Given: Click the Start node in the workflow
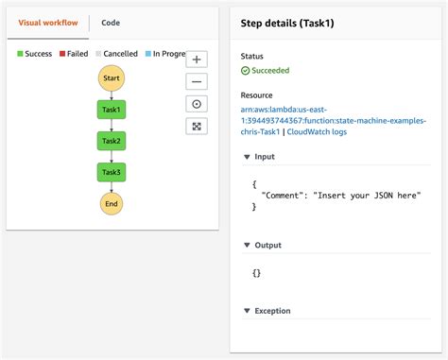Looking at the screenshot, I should coord(112,77).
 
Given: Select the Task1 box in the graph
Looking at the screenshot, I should coord(112,110).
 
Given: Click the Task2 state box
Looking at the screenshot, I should coord(112,141).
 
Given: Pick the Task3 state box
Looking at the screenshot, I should coord(112,172).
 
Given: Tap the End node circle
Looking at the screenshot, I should coord(112,203).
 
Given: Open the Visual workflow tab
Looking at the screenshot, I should coord(47,23).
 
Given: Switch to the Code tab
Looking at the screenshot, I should coord(111,23).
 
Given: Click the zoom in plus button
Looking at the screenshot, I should coord(197,60).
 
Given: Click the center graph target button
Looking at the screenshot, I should coord(197,104).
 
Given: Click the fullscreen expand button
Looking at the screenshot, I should coord(197,126).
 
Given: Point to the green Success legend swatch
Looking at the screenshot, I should coord(21,54).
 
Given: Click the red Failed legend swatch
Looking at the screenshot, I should coord(61,54).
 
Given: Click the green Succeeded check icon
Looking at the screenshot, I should coord(245,70).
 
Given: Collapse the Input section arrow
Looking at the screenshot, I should coord(246,157).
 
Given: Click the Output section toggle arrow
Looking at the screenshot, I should coord(246,246).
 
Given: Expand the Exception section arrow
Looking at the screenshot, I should coord(246,311).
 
